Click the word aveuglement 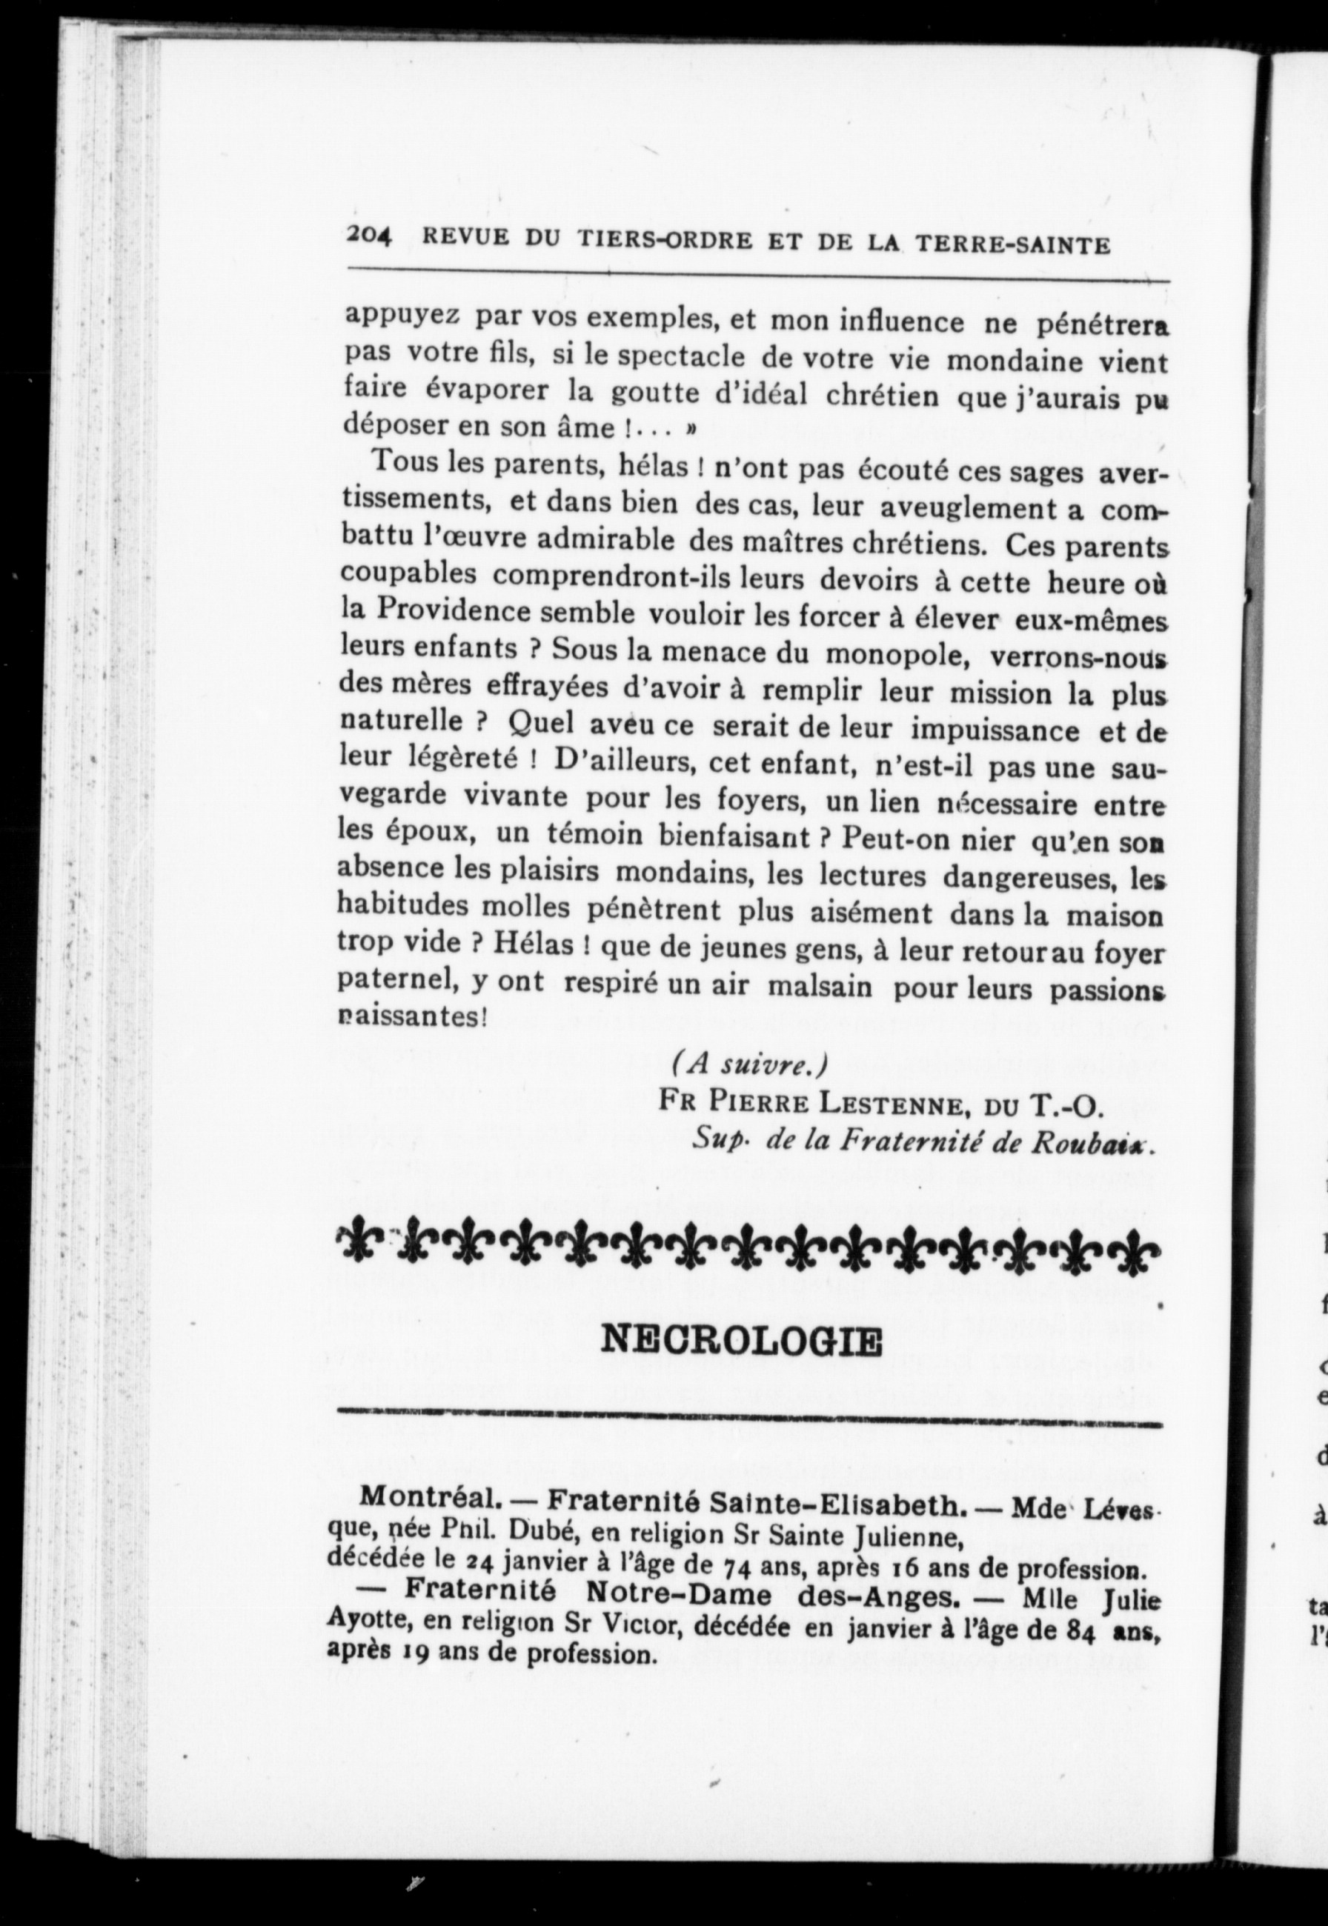pyautogui.click(x=968, y=507)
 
